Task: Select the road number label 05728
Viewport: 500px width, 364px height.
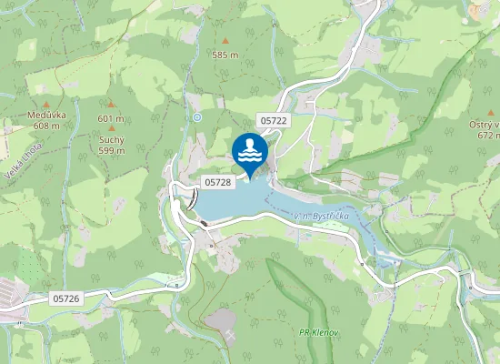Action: click(218, 182)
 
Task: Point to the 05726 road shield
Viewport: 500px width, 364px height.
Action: click(66, 298)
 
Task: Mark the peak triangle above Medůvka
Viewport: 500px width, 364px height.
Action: click(40, 106)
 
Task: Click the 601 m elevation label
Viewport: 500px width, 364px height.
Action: click(110, 119)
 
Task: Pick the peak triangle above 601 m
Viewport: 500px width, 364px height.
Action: click(111, 106)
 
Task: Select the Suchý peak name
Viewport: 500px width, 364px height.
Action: click(111, 140)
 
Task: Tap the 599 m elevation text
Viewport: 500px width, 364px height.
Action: click(111, 150)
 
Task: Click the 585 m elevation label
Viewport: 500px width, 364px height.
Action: click(225, 55)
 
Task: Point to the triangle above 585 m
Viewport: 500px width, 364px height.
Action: click(225, 42)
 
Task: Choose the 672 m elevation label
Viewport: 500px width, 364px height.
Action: click(489, 135)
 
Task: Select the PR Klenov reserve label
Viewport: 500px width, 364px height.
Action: click(318, 332)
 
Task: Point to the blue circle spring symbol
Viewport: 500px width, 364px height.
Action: click(197, 116)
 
